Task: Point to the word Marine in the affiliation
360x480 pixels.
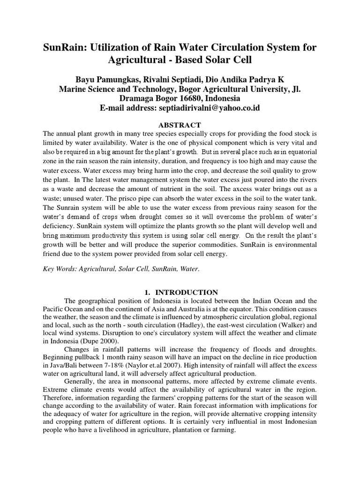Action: point(74,89)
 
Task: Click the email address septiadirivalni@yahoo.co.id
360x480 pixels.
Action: point(207,108)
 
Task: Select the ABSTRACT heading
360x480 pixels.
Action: point(180,125)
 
